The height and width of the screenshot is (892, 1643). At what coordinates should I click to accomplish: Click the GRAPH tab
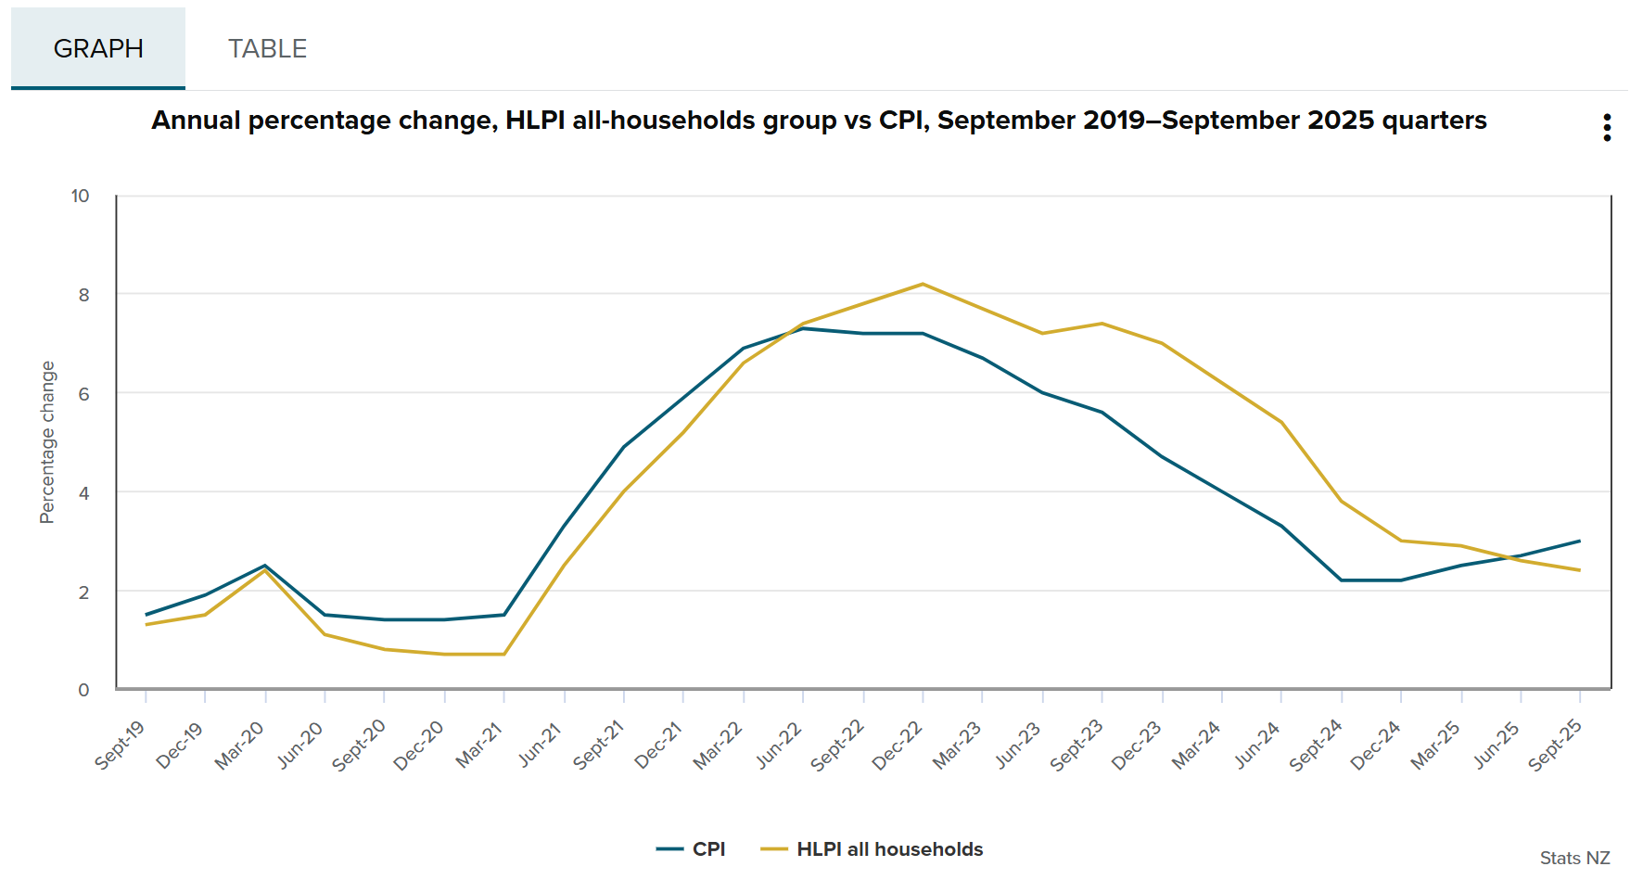tap(98, 48)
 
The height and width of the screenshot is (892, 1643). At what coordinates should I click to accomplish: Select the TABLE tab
tap(267, 48)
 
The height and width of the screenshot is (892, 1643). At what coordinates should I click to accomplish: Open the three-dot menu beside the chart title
tap(1607, 128)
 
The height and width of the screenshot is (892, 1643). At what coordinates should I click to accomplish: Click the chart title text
tap(819, 121)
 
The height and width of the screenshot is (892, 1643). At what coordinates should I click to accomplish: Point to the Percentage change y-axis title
tap(47, 442)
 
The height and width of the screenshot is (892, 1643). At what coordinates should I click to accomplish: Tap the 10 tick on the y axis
tap(81, 196)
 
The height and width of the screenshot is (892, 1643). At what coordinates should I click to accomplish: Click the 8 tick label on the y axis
tap(84, 295)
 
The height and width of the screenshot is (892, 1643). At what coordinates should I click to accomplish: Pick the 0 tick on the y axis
tap(84, 690)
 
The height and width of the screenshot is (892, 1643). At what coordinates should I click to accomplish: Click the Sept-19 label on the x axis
tap(121, 745)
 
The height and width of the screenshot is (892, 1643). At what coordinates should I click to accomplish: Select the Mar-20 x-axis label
tap(240, 745)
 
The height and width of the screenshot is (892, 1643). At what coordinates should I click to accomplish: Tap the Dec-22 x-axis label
tap(898, 745)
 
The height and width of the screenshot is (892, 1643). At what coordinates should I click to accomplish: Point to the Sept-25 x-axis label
tap(1555, 745)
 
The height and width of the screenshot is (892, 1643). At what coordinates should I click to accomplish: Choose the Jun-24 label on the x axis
tap(1256, 745)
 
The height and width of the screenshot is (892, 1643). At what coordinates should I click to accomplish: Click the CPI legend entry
tap(692, 849)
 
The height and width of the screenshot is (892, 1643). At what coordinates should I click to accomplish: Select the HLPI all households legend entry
tap(872, 849)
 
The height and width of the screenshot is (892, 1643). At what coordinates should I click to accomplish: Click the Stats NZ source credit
tap(1574, 858)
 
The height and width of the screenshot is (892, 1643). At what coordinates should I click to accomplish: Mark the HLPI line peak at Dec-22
tap(923, 284)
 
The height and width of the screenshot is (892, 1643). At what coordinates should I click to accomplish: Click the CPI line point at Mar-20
tap(265, 566)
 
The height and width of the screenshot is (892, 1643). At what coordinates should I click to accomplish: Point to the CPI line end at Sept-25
tap(1580, 541)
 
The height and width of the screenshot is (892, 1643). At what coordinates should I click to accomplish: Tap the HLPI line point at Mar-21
tap(504, 655)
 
